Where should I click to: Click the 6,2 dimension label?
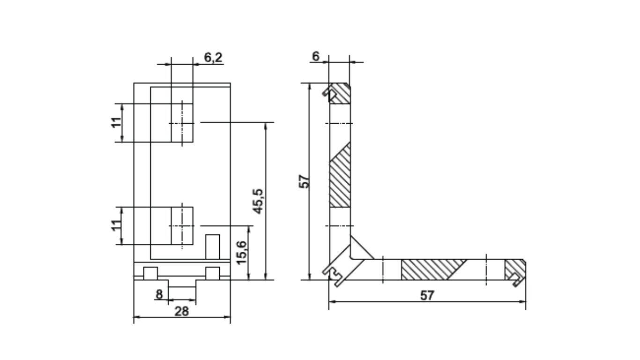pos(213,58)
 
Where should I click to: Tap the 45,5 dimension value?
pos(259,201)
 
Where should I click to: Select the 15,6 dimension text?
pos(242,253)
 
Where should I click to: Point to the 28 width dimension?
pos(182,311)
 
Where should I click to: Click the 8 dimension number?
pos(159,294)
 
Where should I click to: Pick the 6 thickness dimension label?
pos(316,56)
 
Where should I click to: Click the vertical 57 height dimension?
pos(304,181)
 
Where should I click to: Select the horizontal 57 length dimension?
pos(427,296)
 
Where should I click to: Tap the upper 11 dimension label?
pos(117,123)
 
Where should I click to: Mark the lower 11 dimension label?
pos(116,225)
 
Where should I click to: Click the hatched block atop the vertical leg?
pos(340,93)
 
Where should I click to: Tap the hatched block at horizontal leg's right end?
pos(515,270)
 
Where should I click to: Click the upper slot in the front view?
pos(182,123)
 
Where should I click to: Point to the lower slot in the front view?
pos(182,225)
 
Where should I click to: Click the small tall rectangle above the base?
pos(213,247)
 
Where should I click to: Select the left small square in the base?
pos(150,273)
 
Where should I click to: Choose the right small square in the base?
pos(213,273)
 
